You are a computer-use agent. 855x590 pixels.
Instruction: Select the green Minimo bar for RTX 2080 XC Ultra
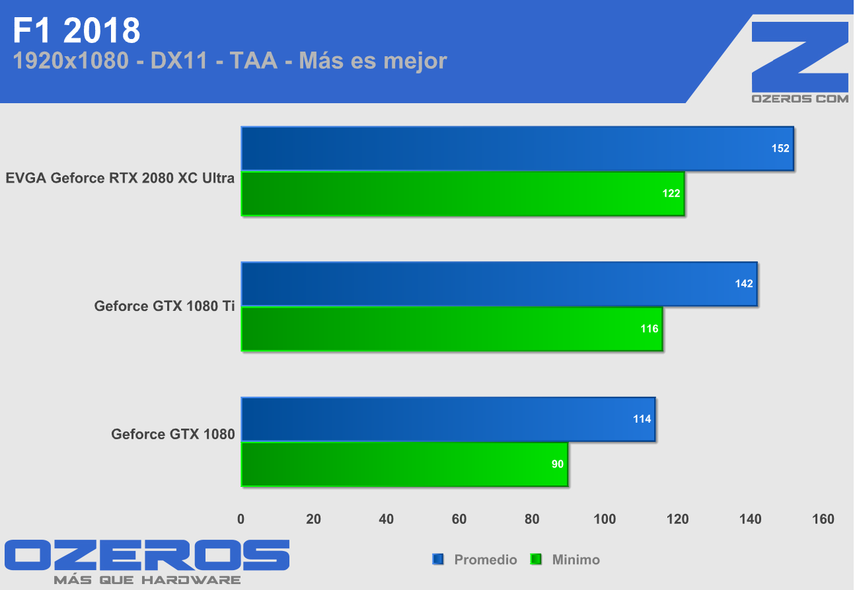463,193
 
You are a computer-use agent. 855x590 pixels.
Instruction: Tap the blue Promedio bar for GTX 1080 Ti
499,284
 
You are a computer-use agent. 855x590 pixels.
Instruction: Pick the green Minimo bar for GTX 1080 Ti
451,329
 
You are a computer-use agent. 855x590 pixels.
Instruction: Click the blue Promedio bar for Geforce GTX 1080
448,419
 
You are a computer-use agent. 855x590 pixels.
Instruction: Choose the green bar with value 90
404,464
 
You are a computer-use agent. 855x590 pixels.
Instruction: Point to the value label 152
780,148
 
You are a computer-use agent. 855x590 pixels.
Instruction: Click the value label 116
650,328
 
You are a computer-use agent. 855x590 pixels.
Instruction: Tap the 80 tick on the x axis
532,519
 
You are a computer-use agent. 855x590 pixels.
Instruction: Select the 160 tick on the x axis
823,519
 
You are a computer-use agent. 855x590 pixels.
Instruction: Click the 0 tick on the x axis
241,519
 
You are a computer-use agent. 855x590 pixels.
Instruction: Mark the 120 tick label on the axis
677,519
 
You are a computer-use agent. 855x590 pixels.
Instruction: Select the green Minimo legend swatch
536,560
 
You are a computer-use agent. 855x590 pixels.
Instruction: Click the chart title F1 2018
77,30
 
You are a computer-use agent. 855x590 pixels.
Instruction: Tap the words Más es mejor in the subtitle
373,61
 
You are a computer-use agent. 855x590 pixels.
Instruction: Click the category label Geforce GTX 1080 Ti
165,306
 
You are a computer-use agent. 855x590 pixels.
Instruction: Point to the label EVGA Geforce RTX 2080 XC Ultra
120,178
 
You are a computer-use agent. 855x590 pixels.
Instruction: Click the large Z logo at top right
800,57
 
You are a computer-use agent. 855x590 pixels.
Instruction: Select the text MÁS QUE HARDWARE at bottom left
147,580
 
